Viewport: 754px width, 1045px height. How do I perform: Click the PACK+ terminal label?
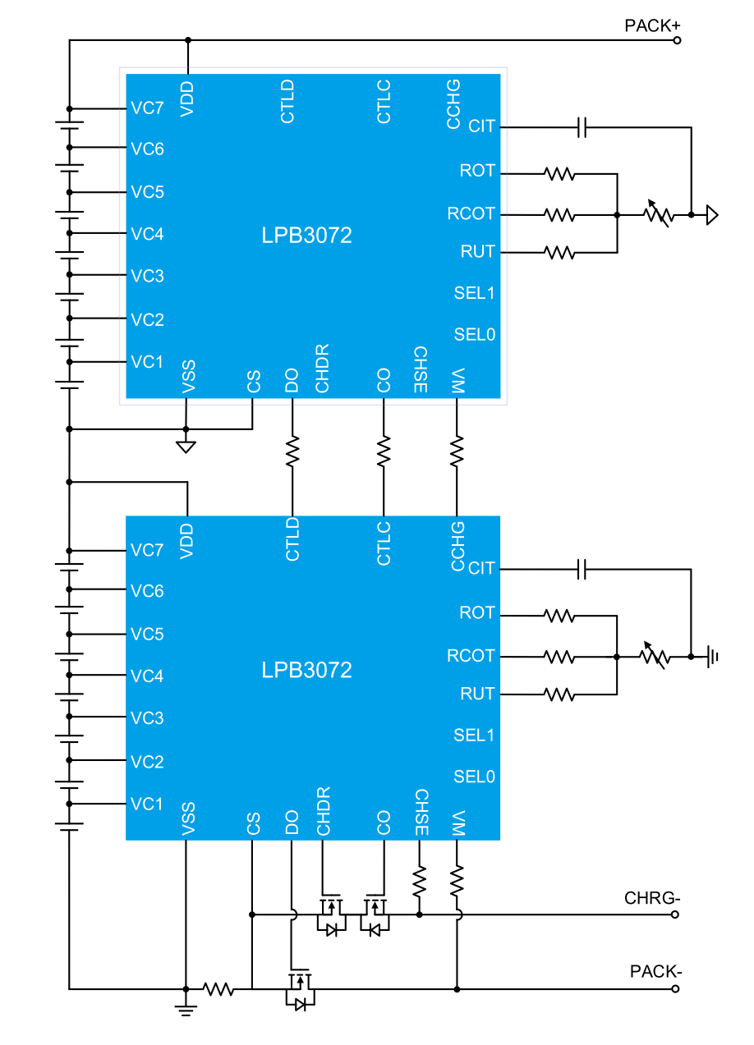pos(652,25)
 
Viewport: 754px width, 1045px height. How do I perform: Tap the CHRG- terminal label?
pos(652,897)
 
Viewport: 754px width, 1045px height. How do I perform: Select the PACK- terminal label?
pos(655,972)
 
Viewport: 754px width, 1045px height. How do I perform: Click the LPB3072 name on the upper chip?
pos(307,236)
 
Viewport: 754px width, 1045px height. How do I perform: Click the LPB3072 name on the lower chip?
pos(307,670)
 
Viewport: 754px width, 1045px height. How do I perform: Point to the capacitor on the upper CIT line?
pos(582,127)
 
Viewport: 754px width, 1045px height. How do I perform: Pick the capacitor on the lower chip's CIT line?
pos(582,569)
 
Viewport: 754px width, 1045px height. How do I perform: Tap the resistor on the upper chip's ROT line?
pos(559,174)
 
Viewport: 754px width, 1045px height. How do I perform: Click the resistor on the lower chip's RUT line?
pos(559,694)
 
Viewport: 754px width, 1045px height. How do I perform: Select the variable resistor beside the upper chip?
pos(657,214)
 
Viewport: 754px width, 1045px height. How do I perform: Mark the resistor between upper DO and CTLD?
pos(292,451)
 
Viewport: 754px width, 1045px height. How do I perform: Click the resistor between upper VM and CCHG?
pos(457,451)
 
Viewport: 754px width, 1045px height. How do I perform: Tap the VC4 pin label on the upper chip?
pos(147,234)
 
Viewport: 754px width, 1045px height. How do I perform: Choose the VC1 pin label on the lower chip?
pos(147,804)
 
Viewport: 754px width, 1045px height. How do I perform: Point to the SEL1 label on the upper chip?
pos(474,293)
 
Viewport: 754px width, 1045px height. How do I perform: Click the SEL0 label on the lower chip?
pos(474,776)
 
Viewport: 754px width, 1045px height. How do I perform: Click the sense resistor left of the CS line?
pos(218,989)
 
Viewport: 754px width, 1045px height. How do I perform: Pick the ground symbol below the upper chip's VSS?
pos(186,446)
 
